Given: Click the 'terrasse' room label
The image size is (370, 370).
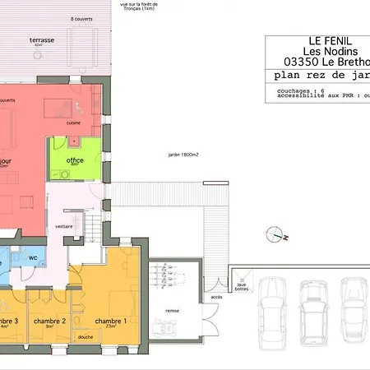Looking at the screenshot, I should pos(42,39).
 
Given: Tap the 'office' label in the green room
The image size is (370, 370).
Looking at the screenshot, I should pos(75,160).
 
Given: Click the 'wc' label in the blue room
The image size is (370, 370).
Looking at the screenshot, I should pos(34,258).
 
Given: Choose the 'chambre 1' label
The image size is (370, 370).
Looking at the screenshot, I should pos(110,321).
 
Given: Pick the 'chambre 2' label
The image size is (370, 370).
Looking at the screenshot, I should pos(49,321).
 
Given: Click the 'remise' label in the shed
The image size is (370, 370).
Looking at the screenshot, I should pos(171,312).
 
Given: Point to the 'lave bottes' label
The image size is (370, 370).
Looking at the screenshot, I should pos(241,286).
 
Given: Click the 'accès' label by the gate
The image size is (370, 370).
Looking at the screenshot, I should pos(216,297).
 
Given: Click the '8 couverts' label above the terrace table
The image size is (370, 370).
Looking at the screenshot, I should pos(82,18).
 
